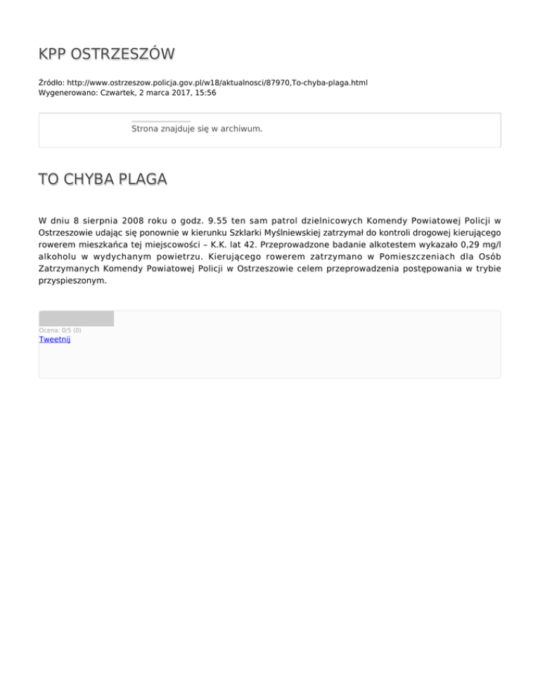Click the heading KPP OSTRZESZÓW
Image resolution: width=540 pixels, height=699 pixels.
[106, 54]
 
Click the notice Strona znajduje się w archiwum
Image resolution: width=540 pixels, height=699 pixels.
[197, 129]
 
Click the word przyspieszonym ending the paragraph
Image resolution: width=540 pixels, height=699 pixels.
[73, 279]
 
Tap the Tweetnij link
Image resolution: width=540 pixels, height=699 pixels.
[55, 339]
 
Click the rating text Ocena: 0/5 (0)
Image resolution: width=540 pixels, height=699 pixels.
[60, 330]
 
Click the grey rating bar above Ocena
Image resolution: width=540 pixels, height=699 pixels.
[76, 319]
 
